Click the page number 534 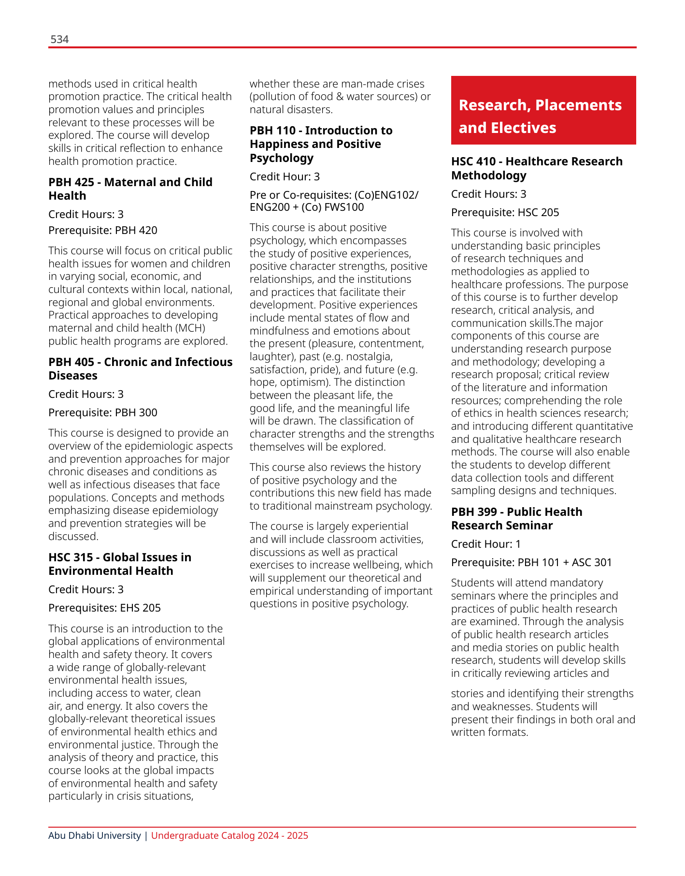pos(59,40)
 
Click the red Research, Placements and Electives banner pos(543,111)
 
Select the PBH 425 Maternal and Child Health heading pos(130,189)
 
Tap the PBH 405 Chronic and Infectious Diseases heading pos(140,369)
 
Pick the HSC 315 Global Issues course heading pos(120,564)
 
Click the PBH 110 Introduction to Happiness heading pos(321,144)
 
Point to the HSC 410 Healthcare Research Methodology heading pos(537,168)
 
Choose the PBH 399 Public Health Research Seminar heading pos(516,519)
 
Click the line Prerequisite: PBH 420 pos(103,231)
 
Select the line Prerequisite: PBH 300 pos(103,413)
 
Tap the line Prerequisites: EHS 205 pos(104,608)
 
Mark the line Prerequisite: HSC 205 pos(505,213)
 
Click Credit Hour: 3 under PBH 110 pos(285,177)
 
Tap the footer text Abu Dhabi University pos(95,836)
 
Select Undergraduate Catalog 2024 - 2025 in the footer pos(229,836)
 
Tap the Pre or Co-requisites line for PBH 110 pos(334,201)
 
